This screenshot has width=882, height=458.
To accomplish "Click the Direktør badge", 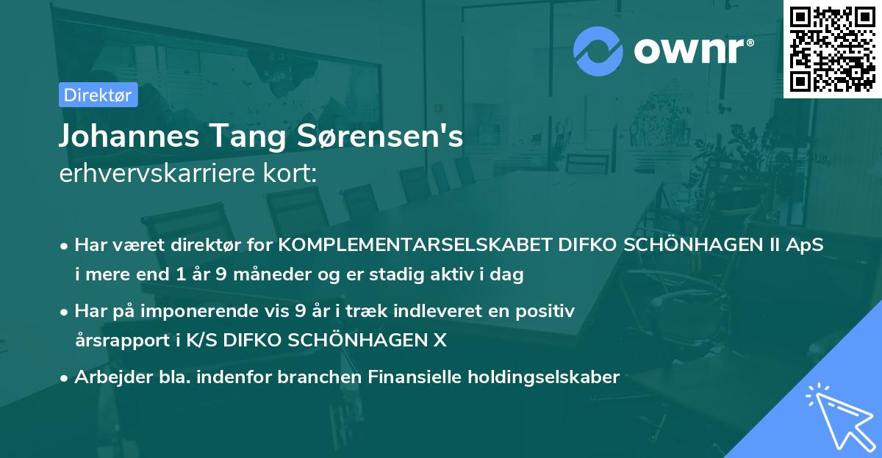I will [98, 95].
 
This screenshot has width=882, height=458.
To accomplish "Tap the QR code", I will [833, 48].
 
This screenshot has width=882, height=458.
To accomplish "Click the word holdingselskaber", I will [541, 377].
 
